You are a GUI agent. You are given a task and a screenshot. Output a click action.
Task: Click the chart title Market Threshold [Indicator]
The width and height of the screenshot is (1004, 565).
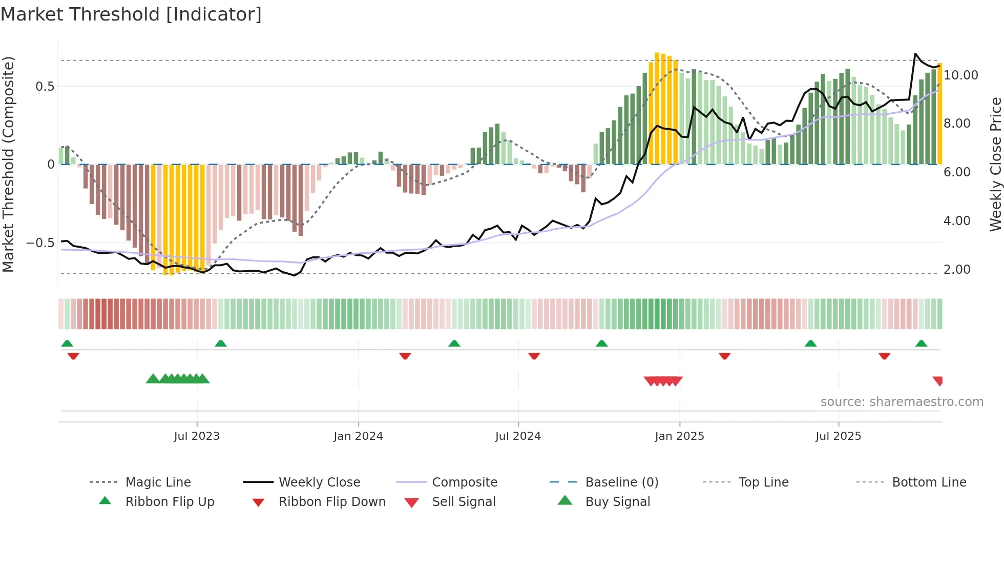[x=131, y=14]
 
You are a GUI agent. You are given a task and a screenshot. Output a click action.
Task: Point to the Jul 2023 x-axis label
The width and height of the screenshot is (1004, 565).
[x=197, y=436]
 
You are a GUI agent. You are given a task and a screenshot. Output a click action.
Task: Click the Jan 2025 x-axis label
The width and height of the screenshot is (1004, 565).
[x=679, y=436]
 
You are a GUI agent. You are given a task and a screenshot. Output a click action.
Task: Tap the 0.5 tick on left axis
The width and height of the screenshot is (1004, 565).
[x=45, y=86]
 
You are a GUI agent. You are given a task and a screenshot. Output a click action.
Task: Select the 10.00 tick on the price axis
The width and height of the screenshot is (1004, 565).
[x=960, y=75]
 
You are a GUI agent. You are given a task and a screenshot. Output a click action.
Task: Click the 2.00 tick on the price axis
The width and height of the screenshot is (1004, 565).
[x=956, y=269]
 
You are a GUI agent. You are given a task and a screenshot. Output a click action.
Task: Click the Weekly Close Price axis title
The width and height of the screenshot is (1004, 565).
[x=995, y=164]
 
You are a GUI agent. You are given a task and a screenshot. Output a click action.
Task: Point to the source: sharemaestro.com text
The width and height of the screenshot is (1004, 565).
[x=902, y=401]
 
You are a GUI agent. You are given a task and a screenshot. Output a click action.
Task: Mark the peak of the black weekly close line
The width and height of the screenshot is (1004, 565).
[x=915, y=53]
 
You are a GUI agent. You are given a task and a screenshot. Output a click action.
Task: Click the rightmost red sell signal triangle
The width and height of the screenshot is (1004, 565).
[x=938, y=380]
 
